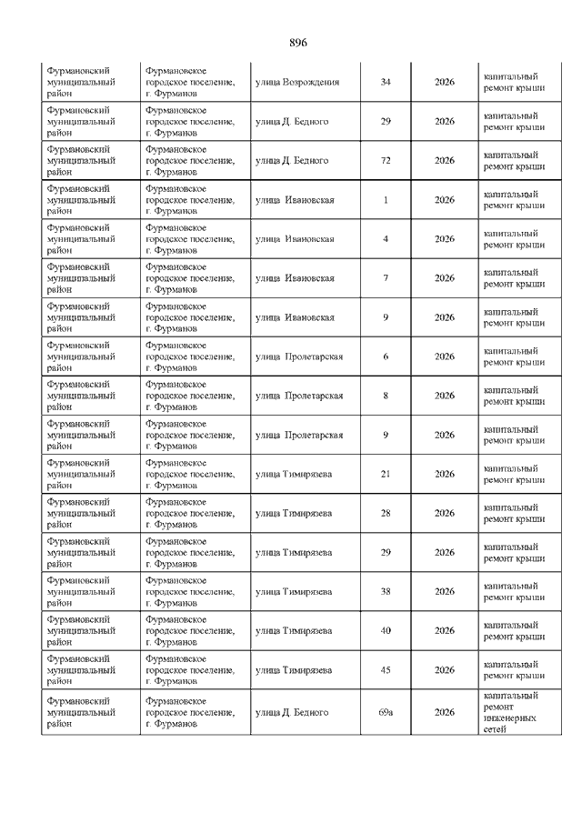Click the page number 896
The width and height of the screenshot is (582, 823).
point(299,43)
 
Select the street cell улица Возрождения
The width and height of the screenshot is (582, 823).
point(297,82)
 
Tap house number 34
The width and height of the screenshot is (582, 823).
point(386,82)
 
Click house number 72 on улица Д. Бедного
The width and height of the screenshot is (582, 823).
point(386,161)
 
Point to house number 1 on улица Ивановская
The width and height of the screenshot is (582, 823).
point(386,200)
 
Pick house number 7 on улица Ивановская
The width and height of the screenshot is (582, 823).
point(386,278)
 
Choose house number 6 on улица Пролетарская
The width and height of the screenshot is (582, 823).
point(386,356)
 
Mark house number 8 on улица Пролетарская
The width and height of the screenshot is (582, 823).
point(386,396)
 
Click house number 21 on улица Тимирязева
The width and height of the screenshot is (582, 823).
point(386,474)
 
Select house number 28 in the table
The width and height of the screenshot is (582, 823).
point(386,513)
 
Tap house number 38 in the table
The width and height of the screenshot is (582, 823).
point(386,591)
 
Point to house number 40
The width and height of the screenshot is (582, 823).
point(386,630)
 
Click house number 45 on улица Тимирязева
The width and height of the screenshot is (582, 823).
point(386,670)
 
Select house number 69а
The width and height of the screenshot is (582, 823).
point(386,712)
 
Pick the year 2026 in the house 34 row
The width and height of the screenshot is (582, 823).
point(444,82)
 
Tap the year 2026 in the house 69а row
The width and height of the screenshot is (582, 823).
point(444,712)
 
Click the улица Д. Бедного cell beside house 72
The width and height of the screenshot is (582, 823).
point(292,161)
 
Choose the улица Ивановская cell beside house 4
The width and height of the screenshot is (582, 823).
point(295,239)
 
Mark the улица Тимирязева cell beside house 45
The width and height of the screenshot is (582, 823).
point(294,670)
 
